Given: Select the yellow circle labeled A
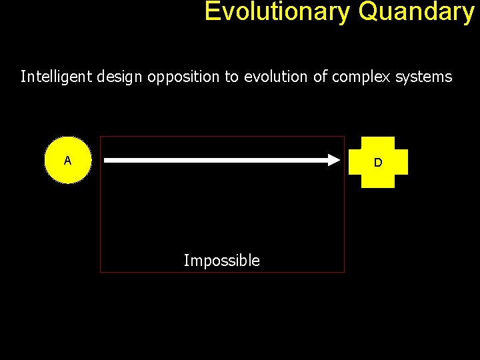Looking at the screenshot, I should pyautogui.click(x=67, y=160).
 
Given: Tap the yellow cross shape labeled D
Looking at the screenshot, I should pyautogui.click(x=378, y=162).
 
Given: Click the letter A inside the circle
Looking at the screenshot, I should pyautogui.click(x=67, y=160).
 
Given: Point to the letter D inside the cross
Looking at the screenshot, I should pyautogui.click(x=378, y=162).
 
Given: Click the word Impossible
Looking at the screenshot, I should pyautogui.click(x=221, y=261).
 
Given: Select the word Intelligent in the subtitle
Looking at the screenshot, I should pyautogui.click(x=57, y=77).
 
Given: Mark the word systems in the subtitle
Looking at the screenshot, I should pyautogui.click(x=423, y=77).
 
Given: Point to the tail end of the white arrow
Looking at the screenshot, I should pyautogui.click(x=107, y=160).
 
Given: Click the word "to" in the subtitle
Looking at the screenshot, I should pyautogui.click(x=231, y=77).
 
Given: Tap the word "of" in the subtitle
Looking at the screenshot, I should pyautogui.click(x=320, y=77).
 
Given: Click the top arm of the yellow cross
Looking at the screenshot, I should pyautogui.click(x=378, y=143).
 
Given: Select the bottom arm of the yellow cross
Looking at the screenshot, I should pyautogui.click(x=378, y=181).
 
